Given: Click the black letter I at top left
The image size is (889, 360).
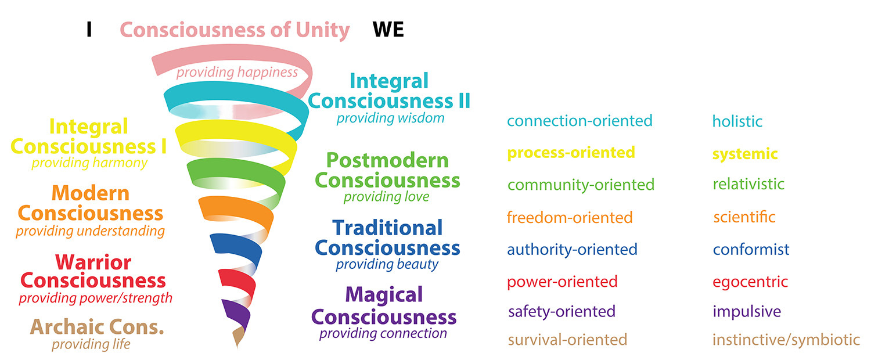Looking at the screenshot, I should pyautogui.click(x=89, y=30).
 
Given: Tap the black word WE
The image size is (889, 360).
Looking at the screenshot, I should pyautogui.click(x=388, y=30).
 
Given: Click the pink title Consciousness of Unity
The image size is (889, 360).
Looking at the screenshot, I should pyautogui.click(x=235, y=30).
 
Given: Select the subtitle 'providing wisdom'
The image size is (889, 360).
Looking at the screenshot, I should pyautogui.click(x=390, y=118).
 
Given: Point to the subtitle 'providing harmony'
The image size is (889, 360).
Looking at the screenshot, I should pyautogui.click(x=89, y=163).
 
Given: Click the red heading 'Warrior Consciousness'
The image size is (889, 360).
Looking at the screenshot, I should pyautogui.click(x=93, y=271).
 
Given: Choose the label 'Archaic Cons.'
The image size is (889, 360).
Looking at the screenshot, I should pyautogui.click(x=98, y=327).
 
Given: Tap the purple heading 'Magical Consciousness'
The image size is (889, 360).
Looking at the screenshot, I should pyautogui.click(x=384, y=306).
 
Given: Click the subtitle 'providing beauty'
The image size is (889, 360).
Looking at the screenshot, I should pyautogui.click(x=387, y=264).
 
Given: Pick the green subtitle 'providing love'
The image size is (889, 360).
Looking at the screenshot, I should pyautogui.click(x=386, y=197).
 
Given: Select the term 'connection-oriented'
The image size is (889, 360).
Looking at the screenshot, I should pyautogui.click(x=580, y=121).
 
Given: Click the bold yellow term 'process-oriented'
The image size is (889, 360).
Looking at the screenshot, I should pyautogui.click(x=571, y=152).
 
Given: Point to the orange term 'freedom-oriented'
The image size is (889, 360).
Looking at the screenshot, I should pyautogui.click(x=569, y=217).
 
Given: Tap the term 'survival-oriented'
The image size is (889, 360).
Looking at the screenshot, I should pyautogui.click(x=567, y=339).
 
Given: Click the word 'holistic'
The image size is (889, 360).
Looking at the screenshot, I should pyautogui.click(x=737, y=121).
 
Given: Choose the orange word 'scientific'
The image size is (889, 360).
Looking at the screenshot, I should pyautogui.click(x=744, y=217).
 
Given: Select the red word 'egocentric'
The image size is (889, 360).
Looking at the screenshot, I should pyautogui.click(x=750, y=282).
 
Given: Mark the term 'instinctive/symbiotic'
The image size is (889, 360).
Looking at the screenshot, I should pyautogui.click(x=786, y=339).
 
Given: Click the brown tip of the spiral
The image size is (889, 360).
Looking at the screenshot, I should pyautogui.click(x=238, y=337).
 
